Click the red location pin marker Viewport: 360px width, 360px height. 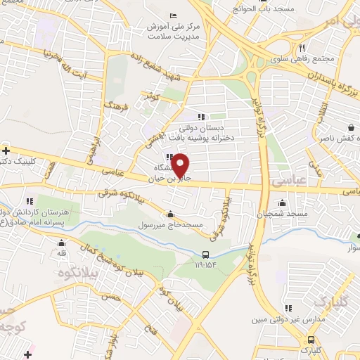click(181, 165)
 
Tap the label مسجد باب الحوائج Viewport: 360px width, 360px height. click(264, 8)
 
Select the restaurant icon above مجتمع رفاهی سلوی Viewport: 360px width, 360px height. click(302, 48)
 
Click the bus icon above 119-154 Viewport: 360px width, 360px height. click(205, 255)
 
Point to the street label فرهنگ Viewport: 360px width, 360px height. click(112, 107)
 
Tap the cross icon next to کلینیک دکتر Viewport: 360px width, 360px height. click(6, 150)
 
